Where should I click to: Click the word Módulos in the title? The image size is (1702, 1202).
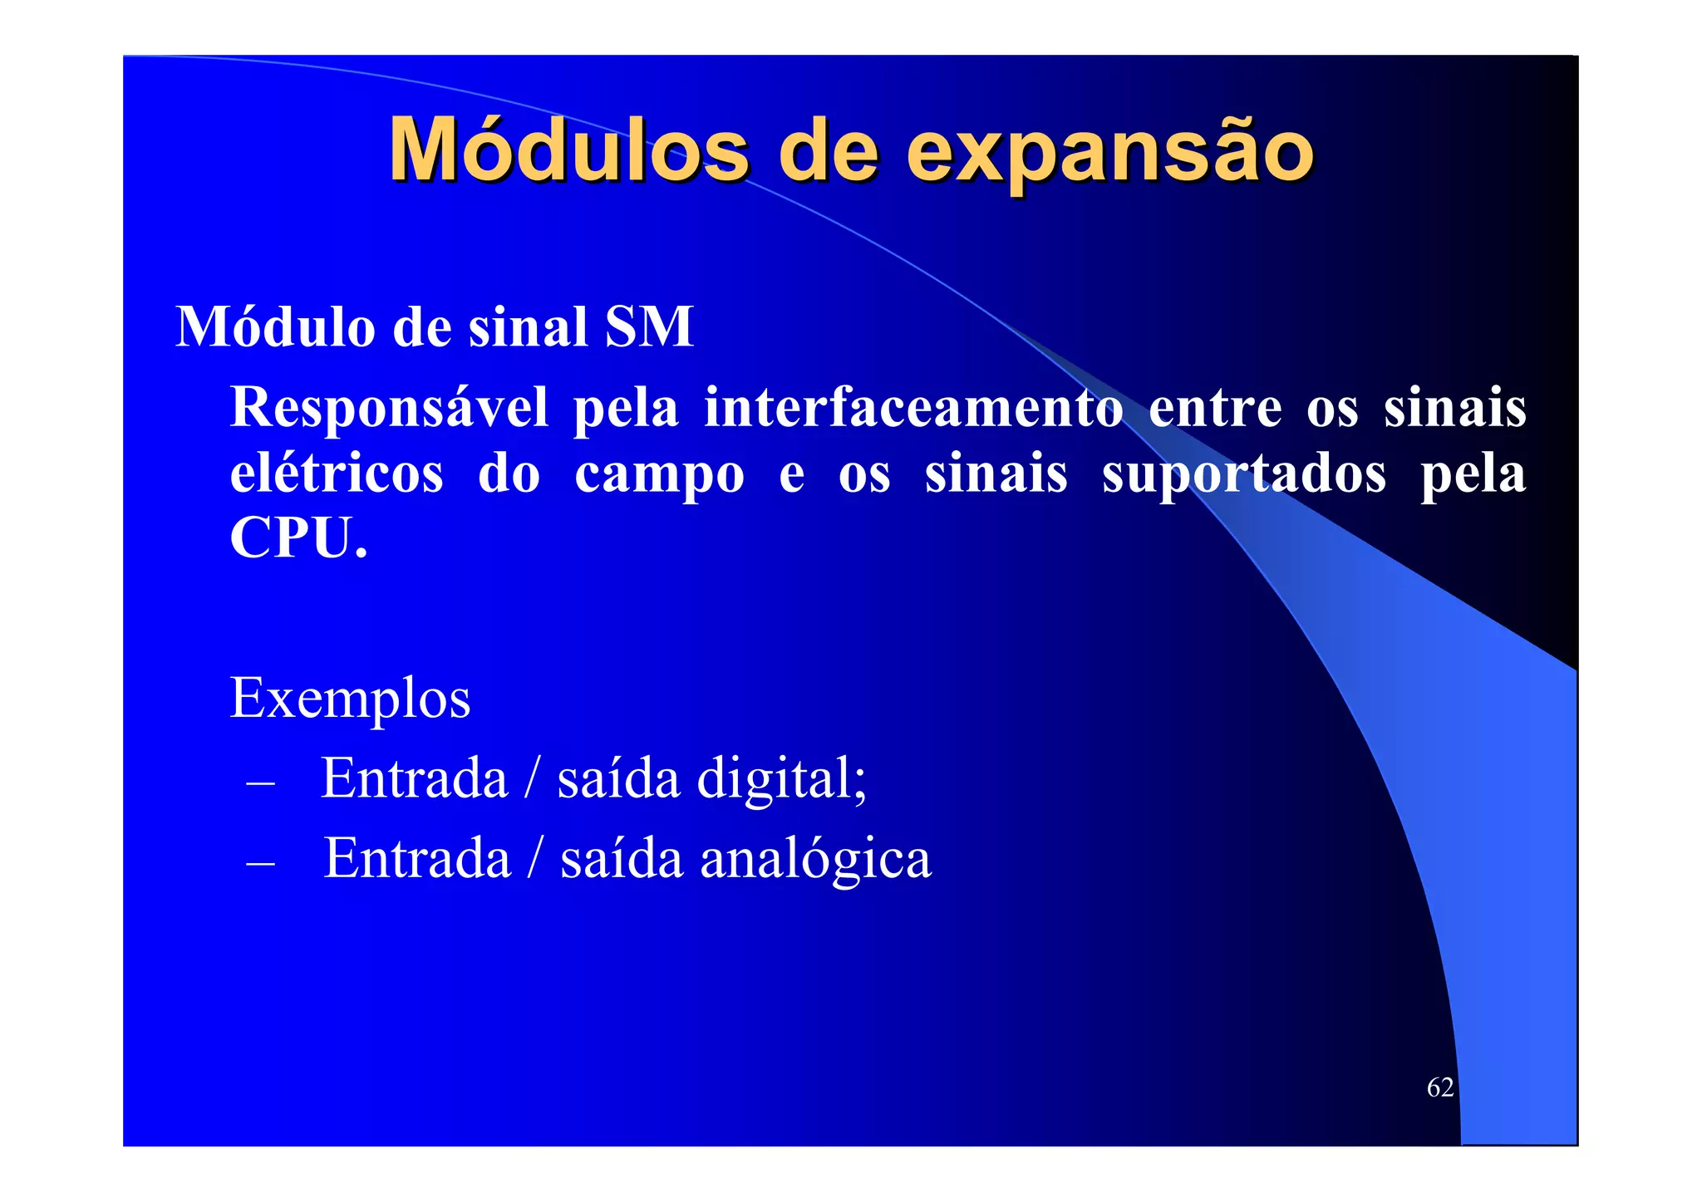569,150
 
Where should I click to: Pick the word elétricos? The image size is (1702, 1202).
337,473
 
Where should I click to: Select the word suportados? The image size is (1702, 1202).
1244,475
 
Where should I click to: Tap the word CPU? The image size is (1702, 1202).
298,538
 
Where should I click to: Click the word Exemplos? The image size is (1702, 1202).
350,699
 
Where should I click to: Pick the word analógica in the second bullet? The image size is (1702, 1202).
815,859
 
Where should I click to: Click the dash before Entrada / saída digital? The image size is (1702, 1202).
260,783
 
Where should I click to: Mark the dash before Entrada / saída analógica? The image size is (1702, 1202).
260,863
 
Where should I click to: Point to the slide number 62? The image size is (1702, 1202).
1439,1087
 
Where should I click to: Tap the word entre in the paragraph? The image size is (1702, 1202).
1214,409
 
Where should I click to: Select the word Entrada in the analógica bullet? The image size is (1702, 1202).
416,858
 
